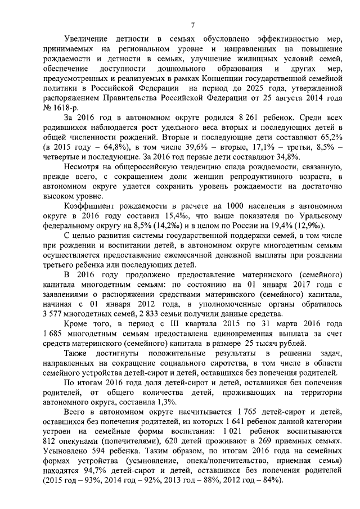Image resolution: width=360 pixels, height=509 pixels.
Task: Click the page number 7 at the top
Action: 192,24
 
